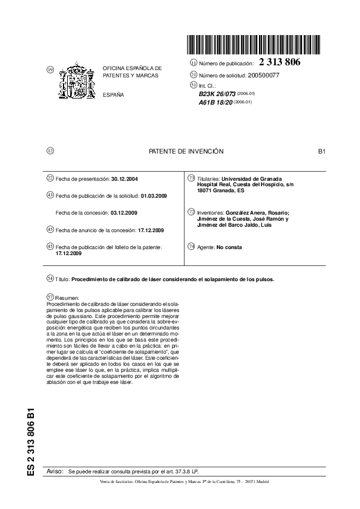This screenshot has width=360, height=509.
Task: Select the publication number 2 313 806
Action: (280, 62)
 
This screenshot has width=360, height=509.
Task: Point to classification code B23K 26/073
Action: (219, 94)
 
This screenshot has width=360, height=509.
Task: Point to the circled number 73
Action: (192, 179)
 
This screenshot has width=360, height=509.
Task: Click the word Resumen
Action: (67, 298)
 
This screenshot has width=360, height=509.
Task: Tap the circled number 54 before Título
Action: (50, 279)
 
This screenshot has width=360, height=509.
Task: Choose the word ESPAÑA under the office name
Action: (113, 96)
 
